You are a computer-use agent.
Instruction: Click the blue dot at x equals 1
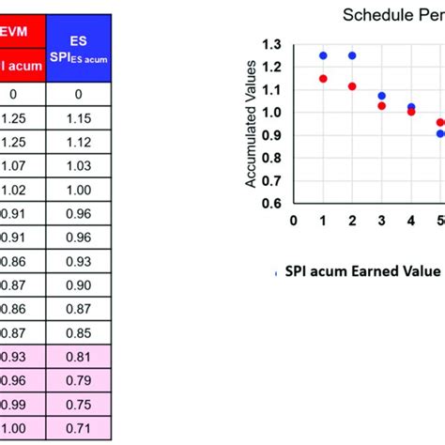(323, 55)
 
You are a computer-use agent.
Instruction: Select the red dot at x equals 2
(352, 86)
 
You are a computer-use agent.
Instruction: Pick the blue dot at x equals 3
(381, 96)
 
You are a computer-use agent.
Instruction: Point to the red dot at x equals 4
(411, 112)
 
